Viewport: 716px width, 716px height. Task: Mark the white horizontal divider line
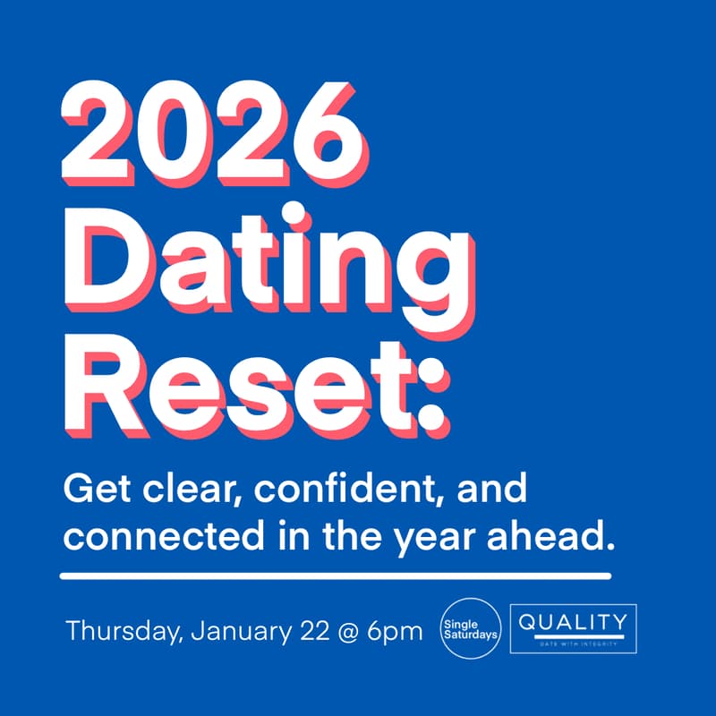[x=335, y=575]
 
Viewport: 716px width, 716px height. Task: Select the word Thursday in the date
[x=124, y=631]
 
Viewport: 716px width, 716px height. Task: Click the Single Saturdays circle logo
[x=471, y=630]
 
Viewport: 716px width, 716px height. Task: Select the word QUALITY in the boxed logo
[x=573, y=621]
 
